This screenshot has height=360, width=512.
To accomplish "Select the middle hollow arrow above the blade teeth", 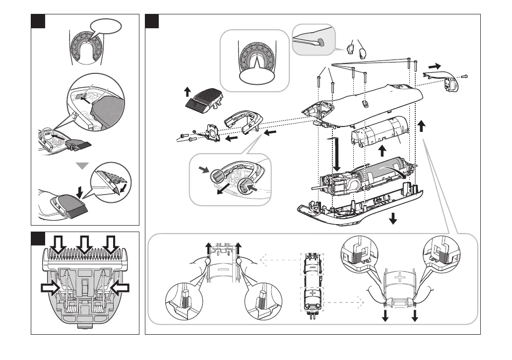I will pos(84,245).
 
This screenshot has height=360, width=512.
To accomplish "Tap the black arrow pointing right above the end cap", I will pos(435,66).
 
